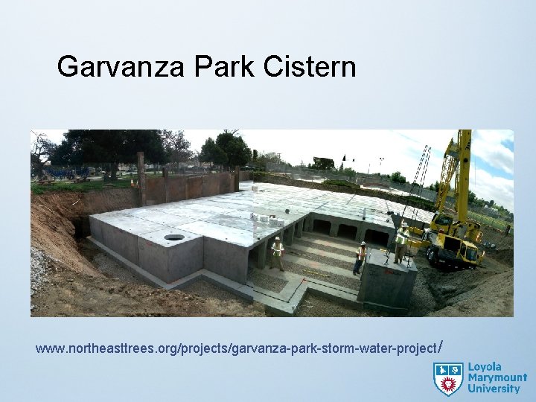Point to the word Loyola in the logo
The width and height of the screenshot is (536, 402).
485,368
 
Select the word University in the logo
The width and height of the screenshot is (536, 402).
493,389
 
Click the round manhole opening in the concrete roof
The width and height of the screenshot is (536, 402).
173,237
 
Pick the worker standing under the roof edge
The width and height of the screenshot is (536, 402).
278,253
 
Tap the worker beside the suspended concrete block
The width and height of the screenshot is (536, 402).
360,257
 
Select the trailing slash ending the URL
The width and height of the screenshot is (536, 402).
442,347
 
